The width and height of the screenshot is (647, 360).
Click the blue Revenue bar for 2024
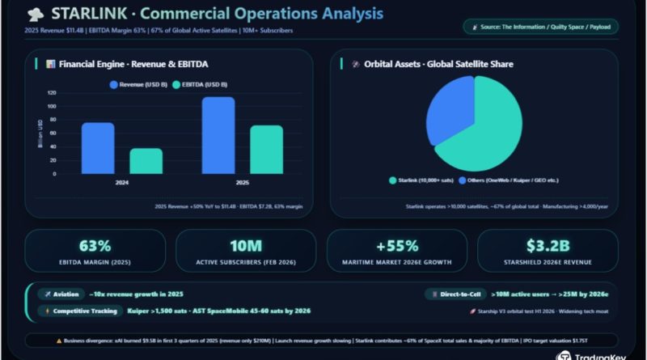click(x=98, y=148)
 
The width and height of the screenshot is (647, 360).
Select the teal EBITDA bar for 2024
click(x=146, y=161)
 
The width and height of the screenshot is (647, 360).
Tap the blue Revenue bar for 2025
click(x=218, y=135)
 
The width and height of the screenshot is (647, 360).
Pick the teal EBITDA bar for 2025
click(x=266, y=150)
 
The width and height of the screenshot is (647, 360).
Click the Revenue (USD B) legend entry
click(x=142, y=83)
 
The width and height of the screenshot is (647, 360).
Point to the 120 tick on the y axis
click(x=52, y=93)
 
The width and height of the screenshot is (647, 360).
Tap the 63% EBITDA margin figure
click(x=95, y=246)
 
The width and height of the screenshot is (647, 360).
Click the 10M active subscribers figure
click(x=244, y=246)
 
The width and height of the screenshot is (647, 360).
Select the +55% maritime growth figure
click(x=396, y=246)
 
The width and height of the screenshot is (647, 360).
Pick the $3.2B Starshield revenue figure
click(x=548, y=246)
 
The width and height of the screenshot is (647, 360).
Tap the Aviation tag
click(x=63, y=294)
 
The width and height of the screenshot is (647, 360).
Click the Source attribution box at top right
click(x=541, y=27)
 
